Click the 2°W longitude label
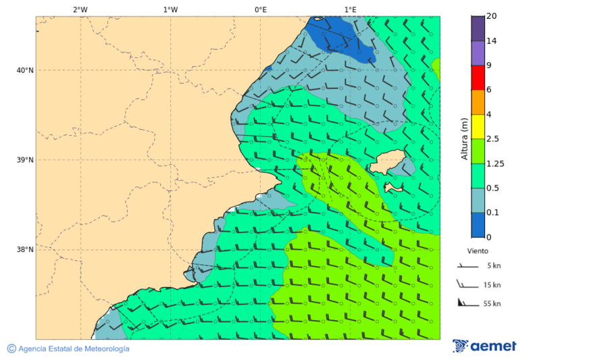point(80,9)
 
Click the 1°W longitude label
point(170,9)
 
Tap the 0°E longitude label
point(260,9)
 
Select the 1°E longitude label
point(350,9)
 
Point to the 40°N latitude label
point(25,70)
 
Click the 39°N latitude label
point(25,160)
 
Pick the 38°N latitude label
point(25,250)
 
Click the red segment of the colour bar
point(478,78)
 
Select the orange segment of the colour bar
point(478,102)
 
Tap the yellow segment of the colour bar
point(478,126)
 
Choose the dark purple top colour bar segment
point(478,28)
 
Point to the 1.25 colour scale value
point(496,163)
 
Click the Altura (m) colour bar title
point(464,138)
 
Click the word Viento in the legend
point(478,251)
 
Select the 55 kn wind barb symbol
point(464,302)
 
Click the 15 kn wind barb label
point(492,285)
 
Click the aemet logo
point(484,346)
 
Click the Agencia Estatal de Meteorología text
point(73,349)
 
